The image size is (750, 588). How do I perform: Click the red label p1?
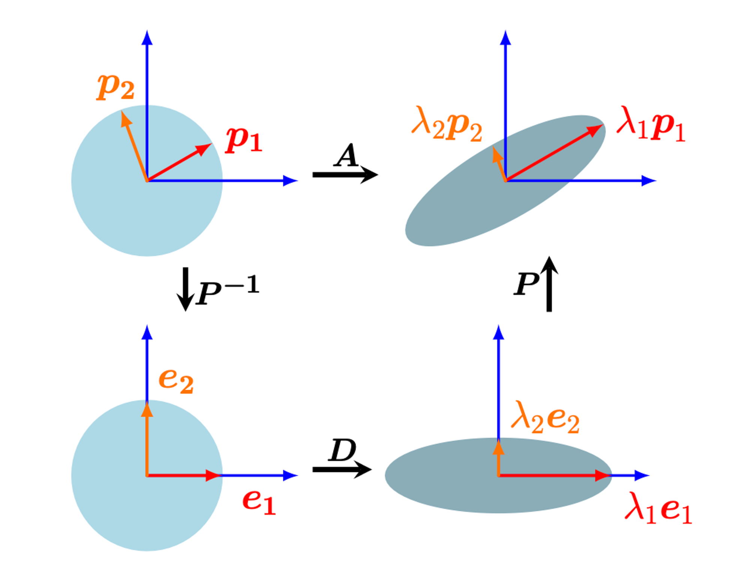(x=244, y=140)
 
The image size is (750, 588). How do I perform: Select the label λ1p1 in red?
(x=651, y=124)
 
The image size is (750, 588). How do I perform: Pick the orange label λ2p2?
(x=447, y=124)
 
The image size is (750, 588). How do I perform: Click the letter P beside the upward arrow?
(x=526, y=284)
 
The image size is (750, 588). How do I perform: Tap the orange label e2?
(x=176, y=380)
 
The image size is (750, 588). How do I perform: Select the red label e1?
(x=259, y=502)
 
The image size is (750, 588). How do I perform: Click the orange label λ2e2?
(x=545, y=418)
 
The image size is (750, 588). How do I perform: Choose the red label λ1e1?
(x=658, y=509)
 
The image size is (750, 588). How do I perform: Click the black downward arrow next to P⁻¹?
(x=185, y=289)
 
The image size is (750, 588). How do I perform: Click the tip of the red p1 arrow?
(x=211, y=144)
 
